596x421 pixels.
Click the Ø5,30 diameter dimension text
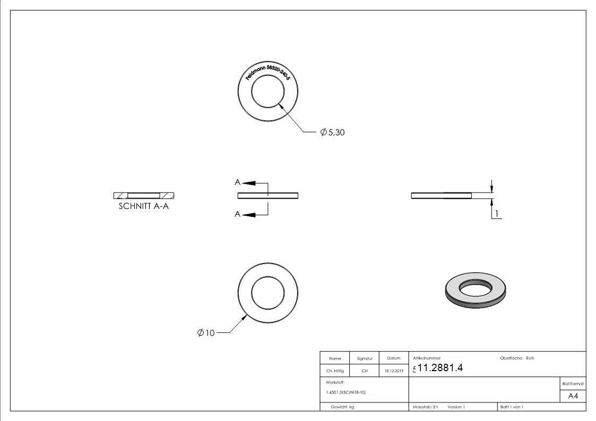(333, 133)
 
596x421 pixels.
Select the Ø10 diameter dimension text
(206, 333)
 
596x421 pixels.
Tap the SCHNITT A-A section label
(143, 207)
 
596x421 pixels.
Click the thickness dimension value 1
(496, 214)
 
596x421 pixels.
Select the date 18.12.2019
(394, 371)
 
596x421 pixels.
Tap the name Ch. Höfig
(334, 371)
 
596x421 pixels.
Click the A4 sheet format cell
(573, 396)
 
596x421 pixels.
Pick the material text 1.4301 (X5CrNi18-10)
(346, 392)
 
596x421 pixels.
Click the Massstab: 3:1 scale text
(425, 407)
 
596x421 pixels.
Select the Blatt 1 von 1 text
(512, 407)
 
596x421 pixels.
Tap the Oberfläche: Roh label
(517, 358)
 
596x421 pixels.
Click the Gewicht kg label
(342, 407)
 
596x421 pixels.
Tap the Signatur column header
(365, 358)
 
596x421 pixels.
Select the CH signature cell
(365, 371)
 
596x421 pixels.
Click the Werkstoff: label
(335, 382)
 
